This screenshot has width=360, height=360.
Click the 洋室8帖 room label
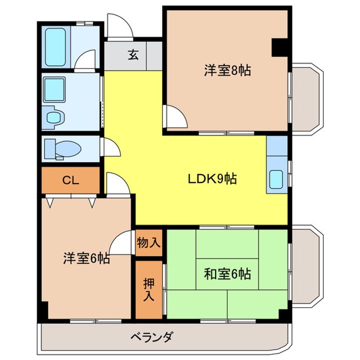point(227,70)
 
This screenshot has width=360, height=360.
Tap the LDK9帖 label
point(212,178)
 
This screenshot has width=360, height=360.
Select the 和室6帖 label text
point(227,273)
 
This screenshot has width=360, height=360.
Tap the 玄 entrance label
point(133,55)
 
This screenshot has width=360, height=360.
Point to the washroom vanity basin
point(53,118)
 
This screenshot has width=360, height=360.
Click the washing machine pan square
point(54,90)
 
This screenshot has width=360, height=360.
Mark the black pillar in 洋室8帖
point(279,47)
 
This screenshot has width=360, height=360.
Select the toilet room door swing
point(111,148)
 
